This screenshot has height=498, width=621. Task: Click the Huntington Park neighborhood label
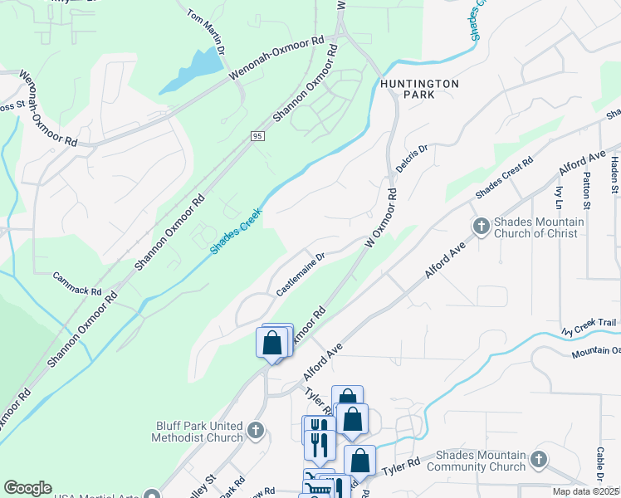[x=420, y=90]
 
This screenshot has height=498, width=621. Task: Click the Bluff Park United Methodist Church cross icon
[x=255, y=431]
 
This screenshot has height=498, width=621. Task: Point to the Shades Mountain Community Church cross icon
[x=538, y=459]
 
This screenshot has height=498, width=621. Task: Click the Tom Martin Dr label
[x=207, y=32]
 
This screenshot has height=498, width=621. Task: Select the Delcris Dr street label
[x=411, y=158]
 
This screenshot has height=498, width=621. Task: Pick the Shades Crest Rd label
[x=503, y=178]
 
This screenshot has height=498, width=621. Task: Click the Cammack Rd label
[x=76, y=285]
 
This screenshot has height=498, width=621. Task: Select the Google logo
[x=27, y=488]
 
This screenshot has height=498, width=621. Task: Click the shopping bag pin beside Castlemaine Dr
[x=271, y=343]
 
